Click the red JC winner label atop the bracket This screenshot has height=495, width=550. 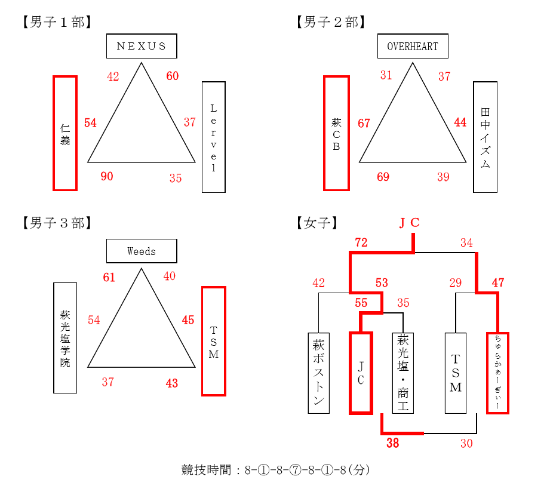pos(409,222)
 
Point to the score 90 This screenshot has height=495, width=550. pos(107,176)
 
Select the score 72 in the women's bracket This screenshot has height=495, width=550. pos(361,242)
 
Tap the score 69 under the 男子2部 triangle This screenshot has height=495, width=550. pos(383,177)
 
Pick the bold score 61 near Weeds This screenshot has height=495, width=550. pos(109,278)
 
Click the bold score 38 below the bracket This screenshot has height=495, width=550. pos(393,443)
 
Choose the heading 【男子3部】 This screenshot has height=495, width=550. pos(57,223)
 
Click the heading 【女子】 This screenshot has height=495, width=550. pos(317,223)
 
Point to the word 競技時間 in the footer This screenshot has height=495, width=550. pos(206,470)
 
